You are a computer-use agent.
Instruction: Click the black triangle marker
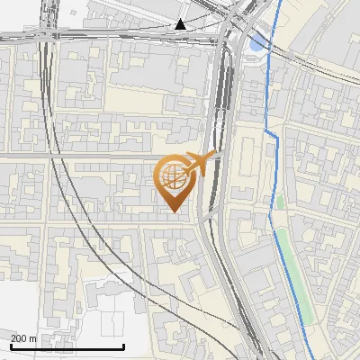click(181, 24)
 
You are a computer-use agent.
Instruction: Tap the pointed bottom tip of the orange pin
click(172, 212)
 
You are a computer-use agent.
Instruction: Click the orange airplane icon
click(199, 163)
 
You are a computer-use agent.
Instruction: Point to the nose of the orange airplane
click(216, 156)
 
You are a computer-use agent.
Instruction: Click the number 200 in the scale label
click(19, 338)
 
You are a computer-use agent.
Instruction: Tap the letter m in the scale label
click(32, 338)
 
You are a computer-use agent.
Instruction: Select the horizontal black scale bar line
click(67, 347)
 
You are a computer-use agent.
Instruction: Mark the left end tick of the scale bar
click(11, 346)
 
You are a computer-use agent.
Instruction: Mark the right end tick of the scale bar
click(123, 346)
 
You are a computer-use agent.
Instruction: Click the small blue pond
click(258, 40)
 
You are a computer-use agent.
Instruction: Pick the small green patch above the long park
click(280, 202)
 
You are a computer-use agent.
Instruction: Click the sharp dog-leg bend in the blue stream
click(267, 131)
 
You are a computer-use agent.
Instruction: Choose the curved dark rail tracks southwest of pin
click(135, 270)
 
